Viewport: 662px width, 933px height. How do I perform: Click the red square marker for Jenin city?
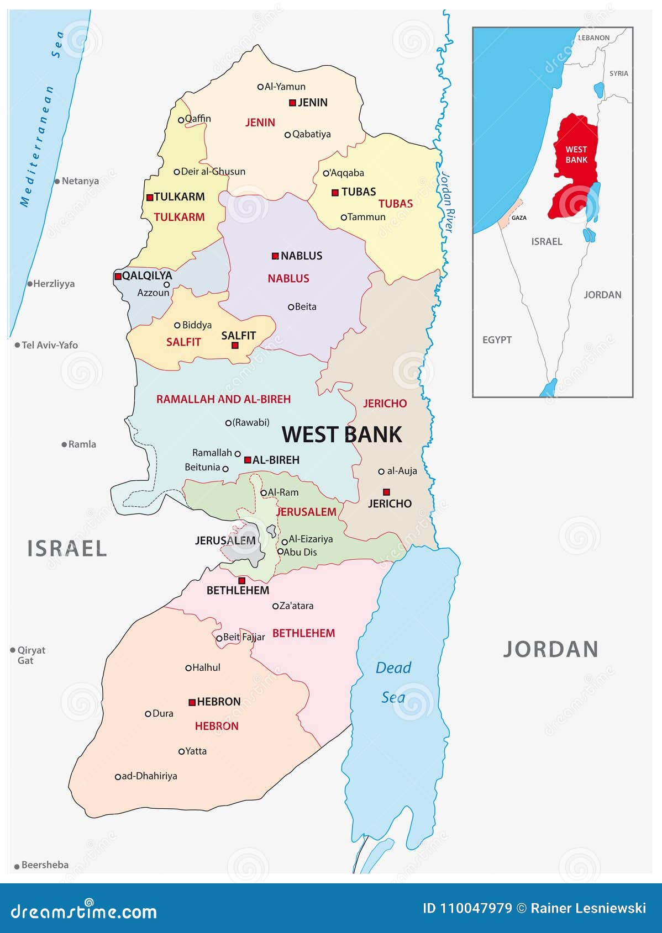pos(292,102)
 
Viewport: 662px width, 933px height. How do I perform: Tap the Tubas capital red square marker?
pos(335,193)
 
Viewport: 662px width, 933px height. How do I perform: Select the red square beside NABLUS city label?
pos(275,256)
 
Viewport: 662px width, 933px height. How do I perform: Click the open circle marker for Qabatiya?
pos(287,135)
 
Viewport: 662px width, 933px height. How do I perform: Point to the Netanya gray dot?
pos(57,181)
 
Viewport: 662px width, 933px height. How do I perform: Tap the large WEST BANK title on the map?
pos(341,434)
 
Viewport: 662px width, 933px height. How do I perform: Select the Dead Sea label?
pos(393,682)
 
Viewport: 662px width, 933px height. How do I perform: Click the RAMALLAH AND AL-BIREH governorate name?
pos(223,399)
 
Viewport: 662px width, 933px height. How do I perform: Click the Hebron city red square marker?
pos(192,702)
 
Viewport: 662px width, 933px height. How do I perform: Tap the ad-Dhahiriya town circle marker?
pos(118,777)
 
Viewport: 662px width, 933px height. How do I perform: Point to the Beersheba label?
pos(45,865)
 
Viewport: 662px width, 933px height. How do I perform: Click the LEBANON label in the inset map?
pos(593,38)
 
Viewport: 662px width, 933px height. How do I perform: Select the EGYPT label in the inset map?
pos(497,340)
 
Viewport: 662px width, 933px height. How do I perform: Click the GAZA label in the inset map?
pos(518,218)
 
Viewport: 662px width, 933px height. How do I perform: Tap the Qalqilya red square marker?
pos(118,276)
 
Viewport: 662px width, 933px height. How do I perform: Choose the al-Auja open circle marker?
pos(381,471)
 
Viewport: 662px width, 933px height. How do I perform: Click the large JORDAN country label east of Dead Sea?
pos(550,649)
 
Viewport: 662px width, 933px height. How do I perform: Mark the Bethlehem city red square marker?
pos(241,581)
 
